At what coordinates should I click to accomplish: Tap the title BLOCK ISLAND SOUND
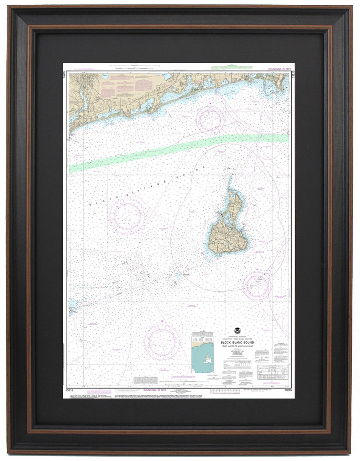pyautogui.click(x=237, y=342)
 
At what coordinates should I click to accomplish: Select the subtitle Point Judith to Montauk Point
pyautogui.click(x=237, y=346)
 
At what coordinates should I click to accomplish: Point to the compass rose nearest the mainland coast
pyautogui.click(x=210, y=120)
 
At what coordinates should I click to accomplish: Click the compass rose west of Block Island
pyautogui.click(x=127, y=212)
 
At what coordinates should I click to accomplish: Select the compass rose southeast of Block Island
pyautogui.click(x=256, y=285)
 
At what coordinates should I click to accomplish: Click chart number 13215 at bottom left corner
pyautogui.click(x=70, y=390)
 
